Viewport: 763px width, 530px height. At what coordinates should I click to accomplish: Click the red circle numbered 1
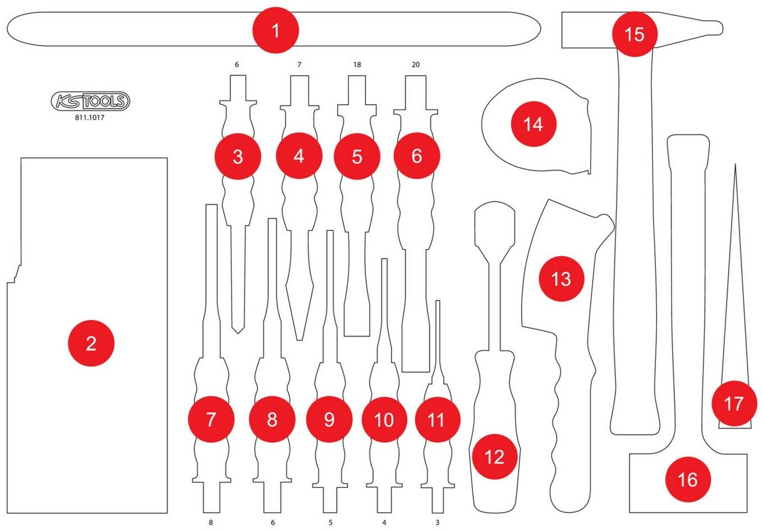(x=275, y=30)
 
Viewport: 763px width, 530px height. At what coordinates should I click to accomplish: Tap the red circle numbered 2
(x=91, y=343)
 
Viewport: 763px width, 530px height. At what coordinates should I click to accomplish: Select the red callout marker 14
(x=534, y=124)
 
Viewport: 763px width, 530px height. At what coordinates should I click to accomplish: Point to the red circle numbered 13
(x=562, y=279)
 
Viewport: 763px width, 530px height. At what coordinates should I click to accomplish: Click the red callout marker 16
(x=688, y=480)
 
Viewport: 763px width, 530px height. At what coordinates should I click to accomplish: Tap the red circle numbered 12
(x=495, y=457)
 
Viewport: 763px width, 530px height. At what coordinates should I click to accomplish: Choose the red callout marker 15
(x=635, y=34)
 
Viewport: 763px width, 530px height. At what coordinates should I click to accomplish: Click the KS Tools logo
(x=90, y=101)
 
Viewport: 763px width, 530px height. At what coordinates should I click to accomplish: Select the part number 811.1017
(x=90, y=118)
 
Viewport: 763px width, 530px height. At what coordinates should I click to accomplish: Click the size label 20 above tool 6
(x=416, y=64)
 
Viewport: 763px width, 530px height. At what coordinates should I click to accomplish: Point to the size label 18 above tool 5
(x=357, y=64)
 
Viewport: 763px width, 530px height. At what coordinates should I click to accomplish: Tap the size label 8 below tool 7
(x=211, y=522)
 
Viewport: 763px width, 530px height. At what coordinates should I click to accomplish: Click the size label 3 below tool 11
(x=438, y=522)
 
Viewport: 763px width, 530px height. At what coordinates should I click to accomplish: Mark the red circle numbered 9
(x=329, y=420)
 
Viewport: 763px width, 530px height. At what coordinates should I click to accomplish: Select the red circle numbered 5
(x=357, y=156)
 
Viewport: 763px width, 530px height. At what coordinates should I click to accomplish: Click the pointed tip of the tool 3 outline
(x=238, y=334)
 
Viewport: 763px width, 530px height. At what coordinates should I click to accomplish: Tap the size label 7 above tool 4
(x=300, y=64)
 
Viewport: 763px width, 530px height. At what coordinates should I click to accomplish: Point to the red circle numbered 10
(x=384, y=420)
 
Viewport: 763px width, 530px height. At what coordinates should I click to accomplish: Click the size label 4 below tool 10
(x=384, y=522)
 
